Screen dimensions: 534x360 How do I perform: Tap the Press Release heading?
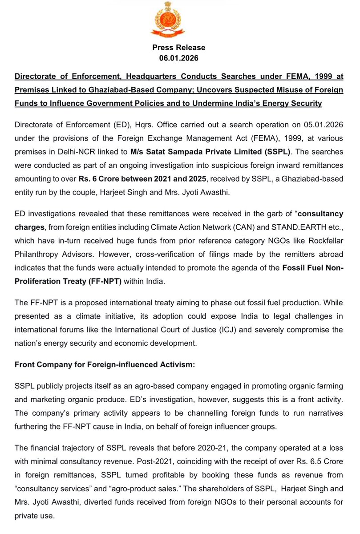[x=179, y=47]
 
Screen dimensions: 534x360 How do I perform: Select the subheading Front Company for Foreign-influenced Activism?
[x=102, y=365]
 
